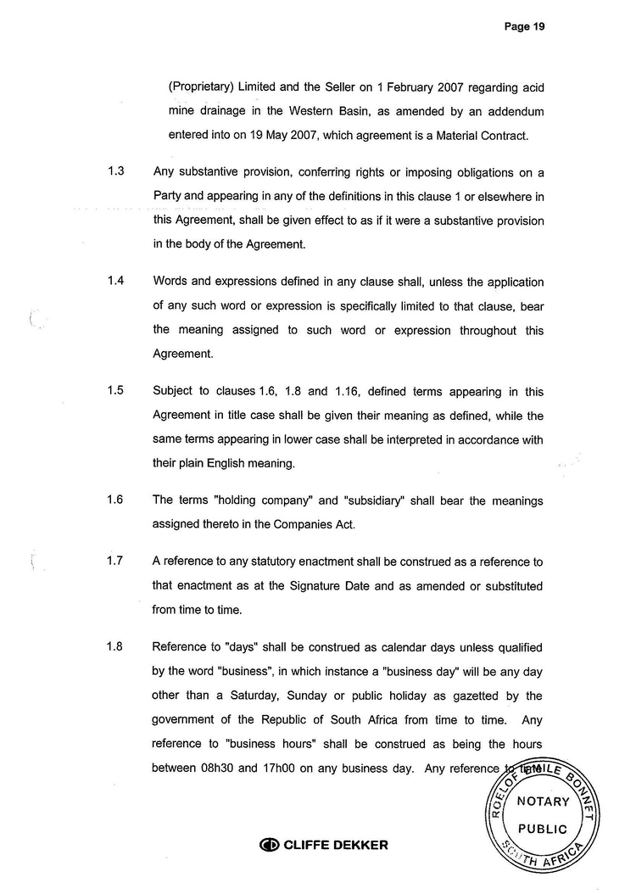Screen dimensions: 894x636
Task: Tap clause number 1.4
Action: (117, 282)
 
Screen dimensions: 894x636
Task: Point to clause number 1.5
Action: (117, 391)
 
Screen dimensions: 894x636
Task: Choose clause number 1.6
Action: (117, 500)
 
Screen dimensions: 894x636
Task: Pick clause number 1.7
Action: (117, 562)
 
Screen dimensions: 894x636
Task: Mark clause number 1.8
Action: (117, 647)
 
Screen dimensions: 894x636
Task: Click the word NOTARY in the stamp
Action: (543, 802)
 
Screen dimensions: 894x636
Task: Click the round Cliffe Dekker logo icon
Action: (269, 845)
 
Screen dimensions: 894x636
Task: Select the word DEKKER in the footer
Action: (360, 845)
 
